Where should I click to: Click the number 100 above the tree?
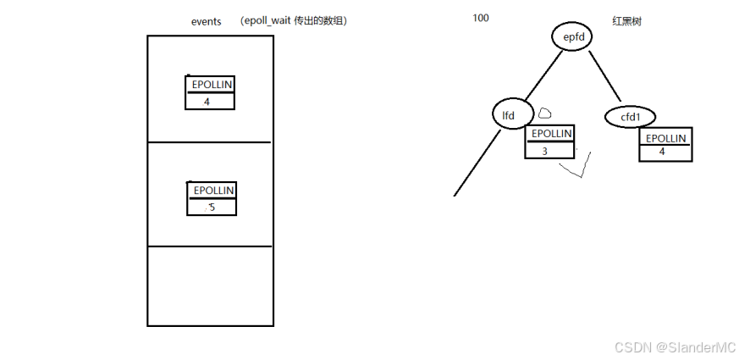481,18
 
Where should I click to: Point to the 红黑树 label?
626,21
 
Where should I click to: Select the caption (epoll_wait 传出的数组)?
293,21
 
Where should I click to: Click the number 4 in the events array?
207,102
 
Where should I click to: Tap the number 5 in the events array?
212,206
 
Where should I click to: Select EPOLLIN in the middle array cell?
212,191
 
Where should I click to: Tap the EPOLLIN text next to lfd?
550,134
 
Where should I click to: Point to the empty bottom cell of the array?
210,285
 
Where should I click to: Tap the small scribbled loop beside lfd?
545,112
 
